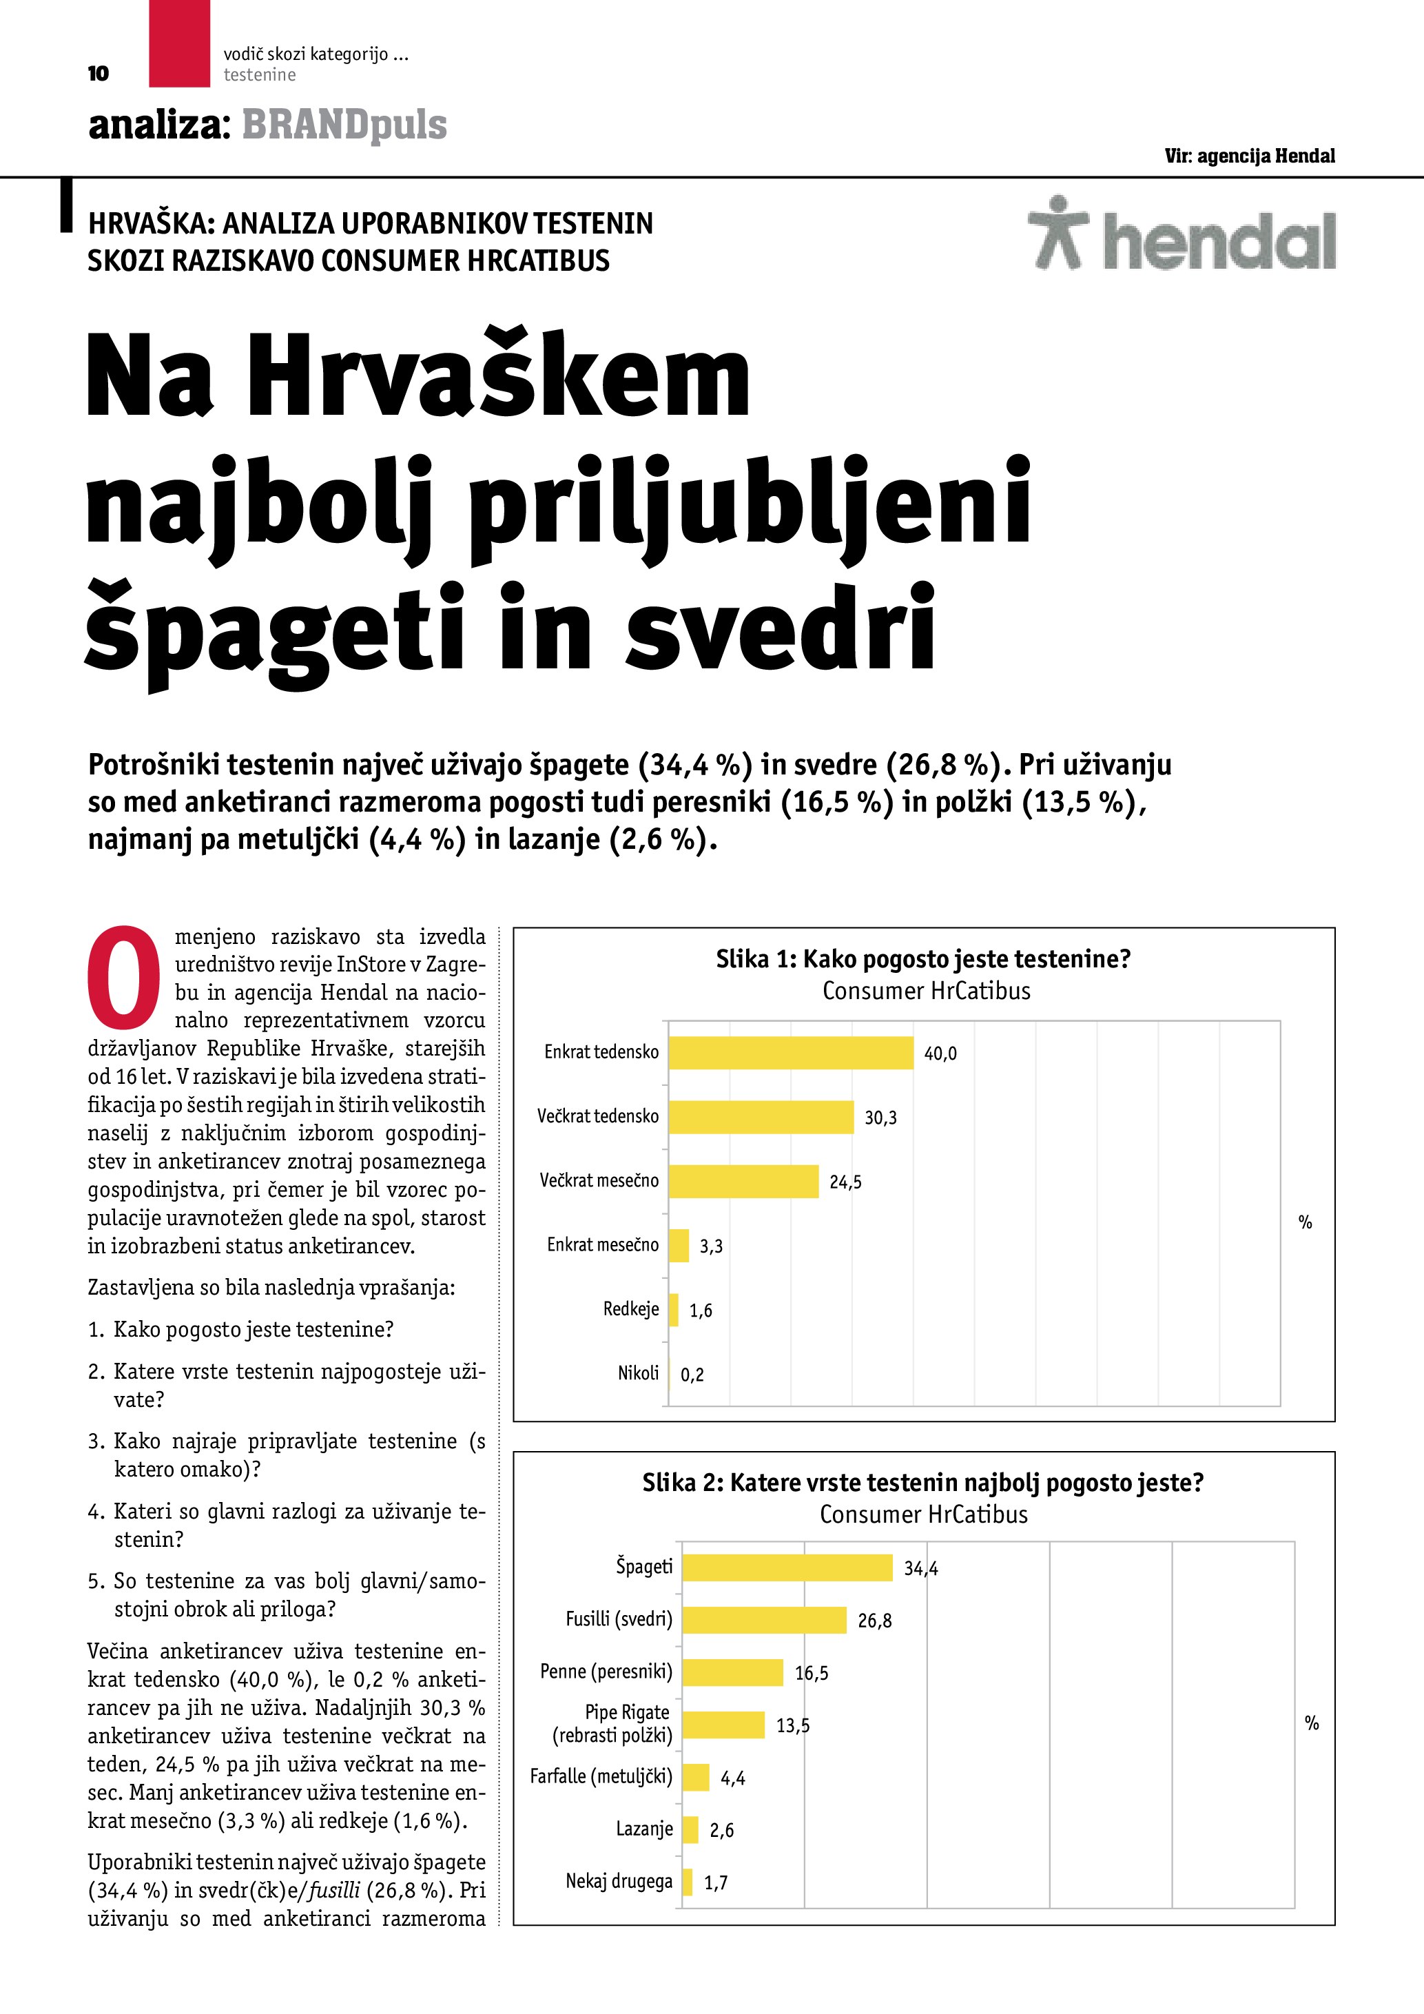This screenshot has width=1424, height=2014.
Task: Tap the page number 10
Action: point(99,74)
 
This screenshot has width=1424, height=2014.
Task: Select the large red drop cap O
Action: point(123,977)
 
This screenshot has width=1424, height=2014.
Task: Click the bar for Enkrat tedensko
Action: point(790,1053)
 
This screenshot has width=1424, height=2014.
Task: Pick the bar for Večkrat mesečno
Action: point(743,1182)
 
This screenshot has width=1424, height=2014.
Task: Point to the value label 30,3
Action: point(880,1118)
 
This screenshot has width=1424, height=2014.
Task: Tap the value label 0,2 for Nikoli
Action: point(692,1375)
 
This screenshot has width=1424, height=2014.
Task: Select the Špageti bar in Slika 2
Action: point(787,1568)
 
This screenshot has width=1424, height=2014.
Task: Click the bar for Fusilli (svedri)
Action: point(764,1620)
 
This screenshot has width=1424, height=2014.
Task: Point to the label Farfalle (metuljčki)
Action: point(601,1776)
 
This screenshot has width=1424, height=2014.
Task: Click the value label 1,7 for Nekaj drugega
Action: point(716,1882)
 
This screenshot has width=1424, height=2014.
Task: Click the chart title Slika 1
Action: point(922,958)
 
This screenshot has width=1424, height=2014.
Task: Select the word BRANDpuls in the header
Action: point(344,125)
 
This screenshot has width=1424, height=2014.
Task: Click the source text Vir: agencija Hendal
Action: point(1250,156)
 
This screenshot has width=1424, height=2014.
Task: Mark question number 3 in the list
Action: point(96,1441)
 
